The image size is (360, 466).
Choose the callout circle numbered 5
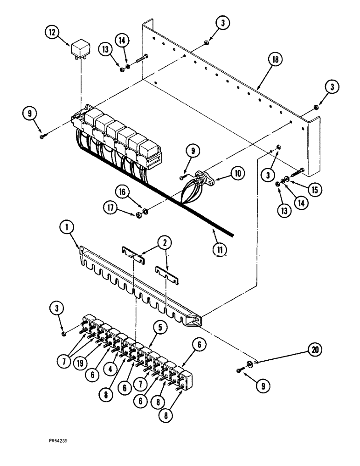pos(159,328)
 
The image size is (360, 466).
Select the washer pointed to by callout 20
pos(250,362)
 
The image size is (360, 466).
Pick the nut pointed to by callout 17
pos(138,215)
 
